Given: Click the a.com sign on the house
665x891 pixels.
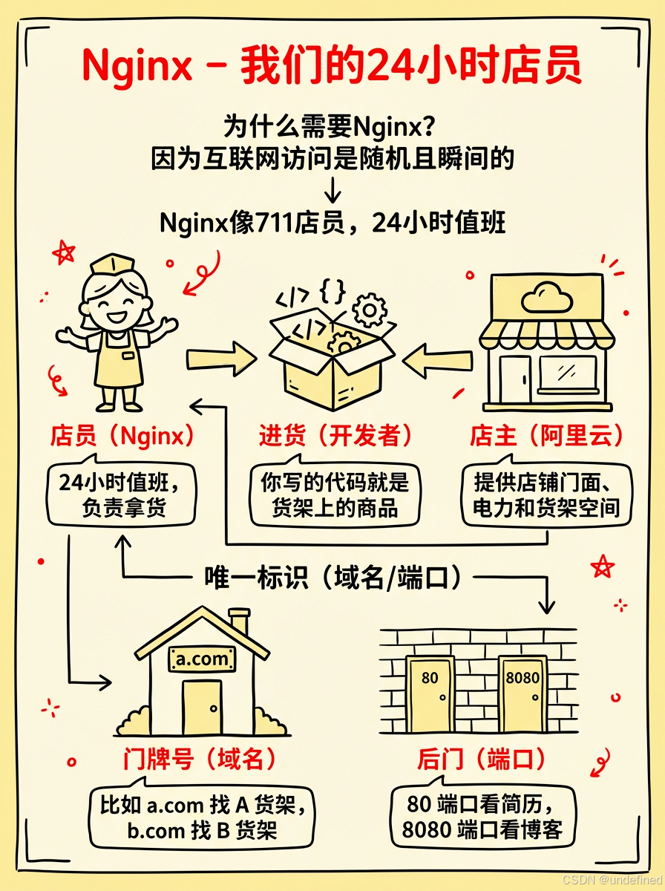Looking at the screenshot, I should coord(203,658).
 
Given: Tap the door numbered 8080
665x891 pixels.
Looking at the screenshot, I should coord(522,693).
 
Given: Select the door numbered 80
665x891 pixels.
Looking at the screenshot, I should coord(430,693).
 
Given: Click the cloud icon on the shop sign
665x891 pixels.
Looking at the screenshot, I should coord(546,299).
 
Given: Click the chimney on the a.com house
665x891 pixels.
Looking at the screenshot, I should coord(239,621).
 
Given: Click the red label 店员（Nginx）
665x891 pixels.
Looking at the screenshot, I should coord(123,435).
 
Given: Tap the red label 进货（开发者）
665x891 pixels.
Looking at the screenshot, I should coord(335,435).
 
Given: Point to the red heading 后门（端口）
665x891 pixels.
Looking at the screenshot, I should coord(482,758).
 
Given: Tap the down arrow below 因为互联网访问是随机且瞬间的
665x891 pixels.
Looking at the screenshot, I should coord(333,192).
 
